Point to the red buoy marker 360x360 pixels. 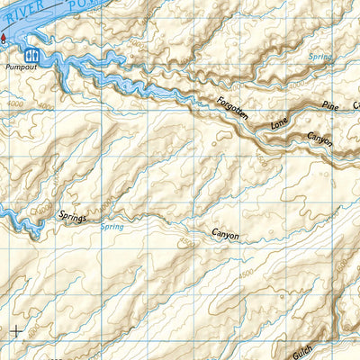coord(3,38)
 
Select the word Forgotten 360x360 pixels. coord(231,112)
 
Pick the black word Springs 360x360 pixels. coord(75,214)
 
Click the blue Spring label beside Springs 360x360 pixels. coord(112,227)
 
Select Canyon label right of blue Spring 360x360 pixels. coord(225,235)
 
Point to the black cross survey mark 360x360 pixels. coord(16,330)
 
